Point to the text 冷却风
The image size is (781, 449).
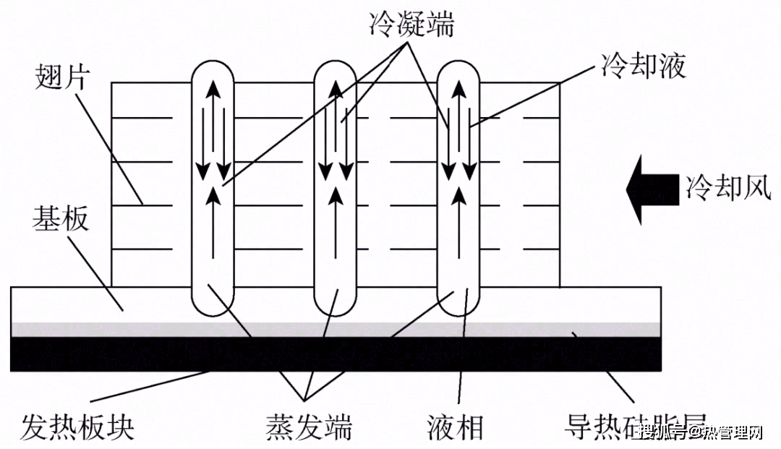[723, 188]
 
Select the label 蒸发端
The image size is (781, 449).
[308, 427]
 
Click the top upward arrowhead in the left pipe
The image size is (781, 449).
[213, 90]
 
